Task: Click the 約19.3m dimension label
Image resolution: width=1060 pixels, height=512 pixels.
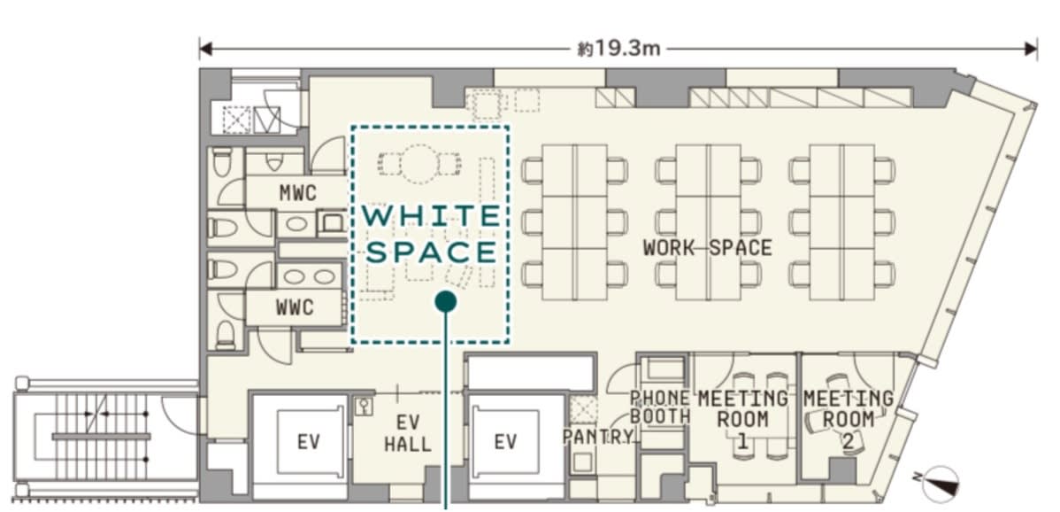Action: (x=618, y=49)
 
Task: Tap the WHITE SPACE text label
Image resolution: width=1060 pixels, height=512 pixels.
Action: (x=431, y=234)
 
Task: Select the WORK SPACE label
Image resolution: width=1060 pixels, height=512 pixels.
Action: (x=707, y=247)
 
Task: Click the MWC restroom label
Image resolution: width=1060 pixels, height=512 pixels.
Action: (x=297, y=193)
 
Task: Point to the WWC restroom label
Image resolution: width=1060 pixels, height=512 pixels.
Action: (x=295, y=307)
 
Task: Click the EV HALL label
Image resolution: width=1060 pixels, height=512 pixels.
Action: (x=408, y=433)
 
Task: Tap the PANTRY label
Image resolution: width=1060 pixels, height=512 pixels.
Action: (x=597, y=437)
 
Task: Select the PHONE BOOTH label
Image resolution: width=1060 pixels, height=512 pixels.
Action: (x=659, y=407)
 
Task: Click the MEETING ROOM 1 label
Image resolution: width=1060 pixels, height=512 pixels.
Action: (x=743, y=419)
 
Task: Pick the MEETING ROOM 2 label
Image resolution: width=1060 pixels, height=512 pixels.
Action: (x=849, y=419)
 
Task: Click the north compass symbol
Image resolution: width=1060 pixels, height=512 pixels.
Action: (x=941, y=484)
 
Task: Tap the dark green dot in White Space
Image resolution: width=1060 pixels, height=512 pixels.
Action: (x=445, y=302)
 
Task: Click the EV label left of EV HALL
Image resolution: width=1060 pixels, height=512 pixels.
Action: (x=308, y=442)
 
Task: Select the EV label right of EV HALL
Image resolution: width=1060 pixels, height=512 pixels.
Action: (x=505, y=442)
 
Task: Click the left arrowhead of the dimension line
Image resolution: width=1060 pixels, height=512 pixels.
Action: (x=205, y=49)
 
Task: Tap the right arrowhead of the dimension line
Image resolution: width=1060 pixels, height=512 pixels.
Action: (x=1031, y=49)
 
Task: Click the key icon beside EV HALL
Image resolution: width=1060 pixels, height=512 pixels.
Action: (x=364, y=405)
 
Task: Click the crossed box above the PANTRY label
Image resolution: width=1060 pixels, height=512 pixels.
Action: (x=583, y=410)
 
